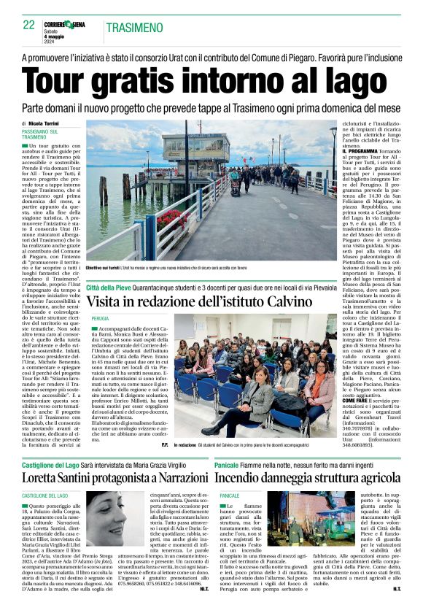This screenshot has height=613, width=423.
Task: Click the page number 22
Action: point(28,25)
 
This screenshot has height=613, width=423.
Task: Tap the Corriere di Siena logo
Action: point(67,24)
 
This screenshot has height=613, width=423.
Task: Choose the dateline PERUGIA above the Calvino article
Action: point(101,319)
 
